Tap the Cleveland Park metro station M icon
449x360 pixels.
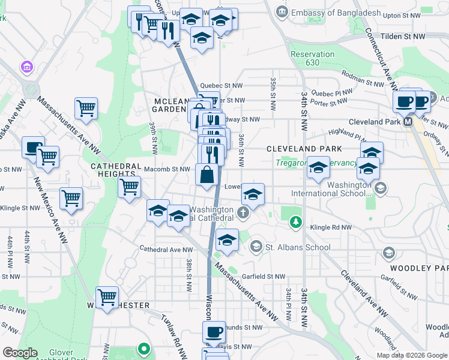pos(408,121)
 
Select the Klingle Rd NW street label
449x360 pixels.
pos(330,228)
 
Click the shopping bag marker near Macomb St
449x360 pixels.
pos(206,176)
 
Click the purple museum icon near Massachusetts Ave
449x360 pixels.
pos(27,67)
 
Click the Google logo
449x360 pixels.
pos(20,352)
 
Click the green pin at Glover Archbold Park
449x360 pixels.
pos(143,348)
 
